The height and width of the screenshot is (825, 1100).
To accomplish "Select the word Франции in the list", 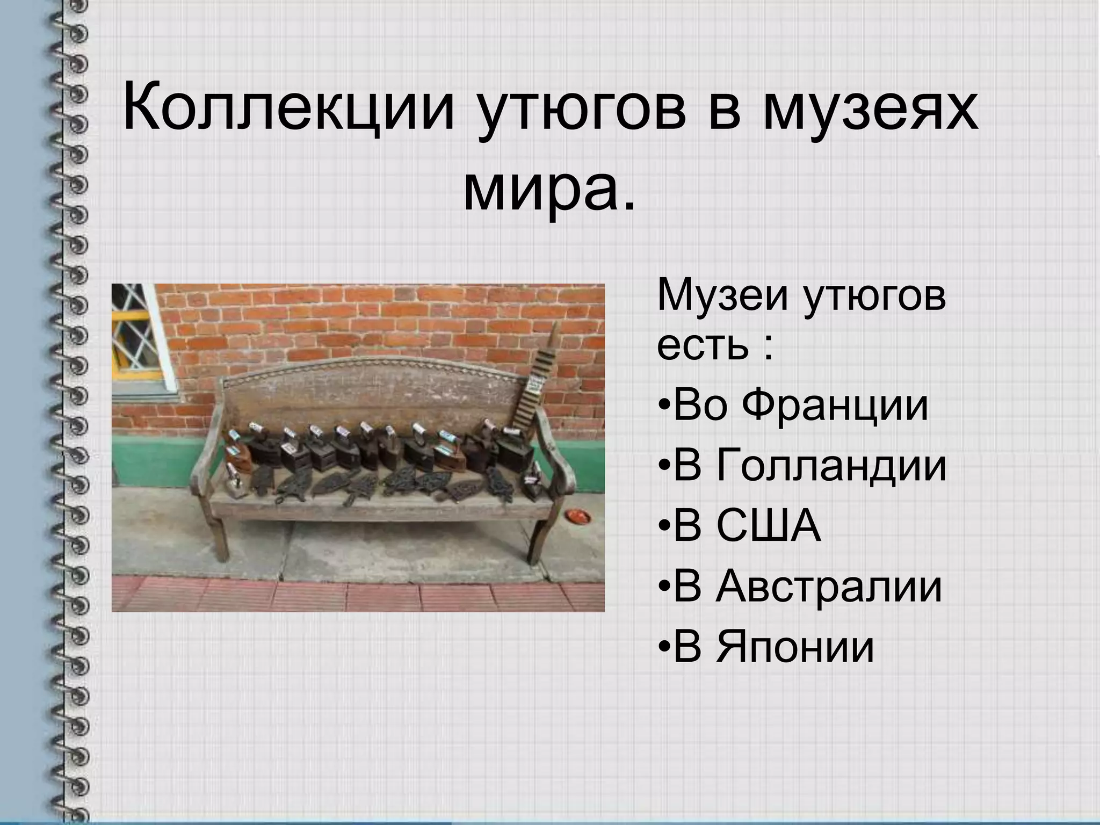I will click(x=835, y=405).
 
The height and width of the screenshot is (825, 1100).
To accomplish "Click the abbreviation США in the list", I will click(x=769, y=526).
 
